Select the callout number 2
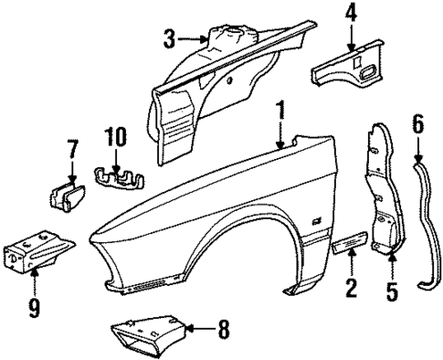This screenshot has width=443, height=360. click(349, 291)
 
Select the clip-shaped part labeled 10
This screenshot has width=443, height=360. click(116, 175)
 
